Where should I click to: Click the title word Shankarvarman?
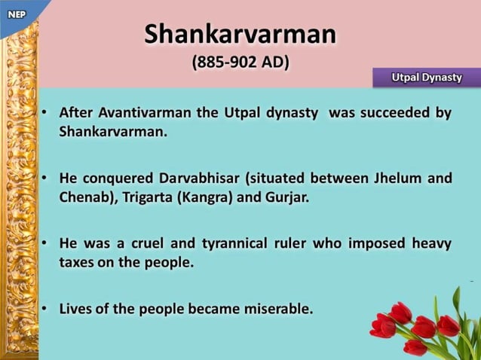tap(240, 34)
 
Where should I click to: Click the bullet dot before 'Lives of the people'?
tap(45, 309)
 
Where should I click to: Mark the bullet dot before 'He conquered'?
tap(45, 178)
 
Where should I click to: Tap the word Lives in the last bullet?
tap(77, 309)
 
